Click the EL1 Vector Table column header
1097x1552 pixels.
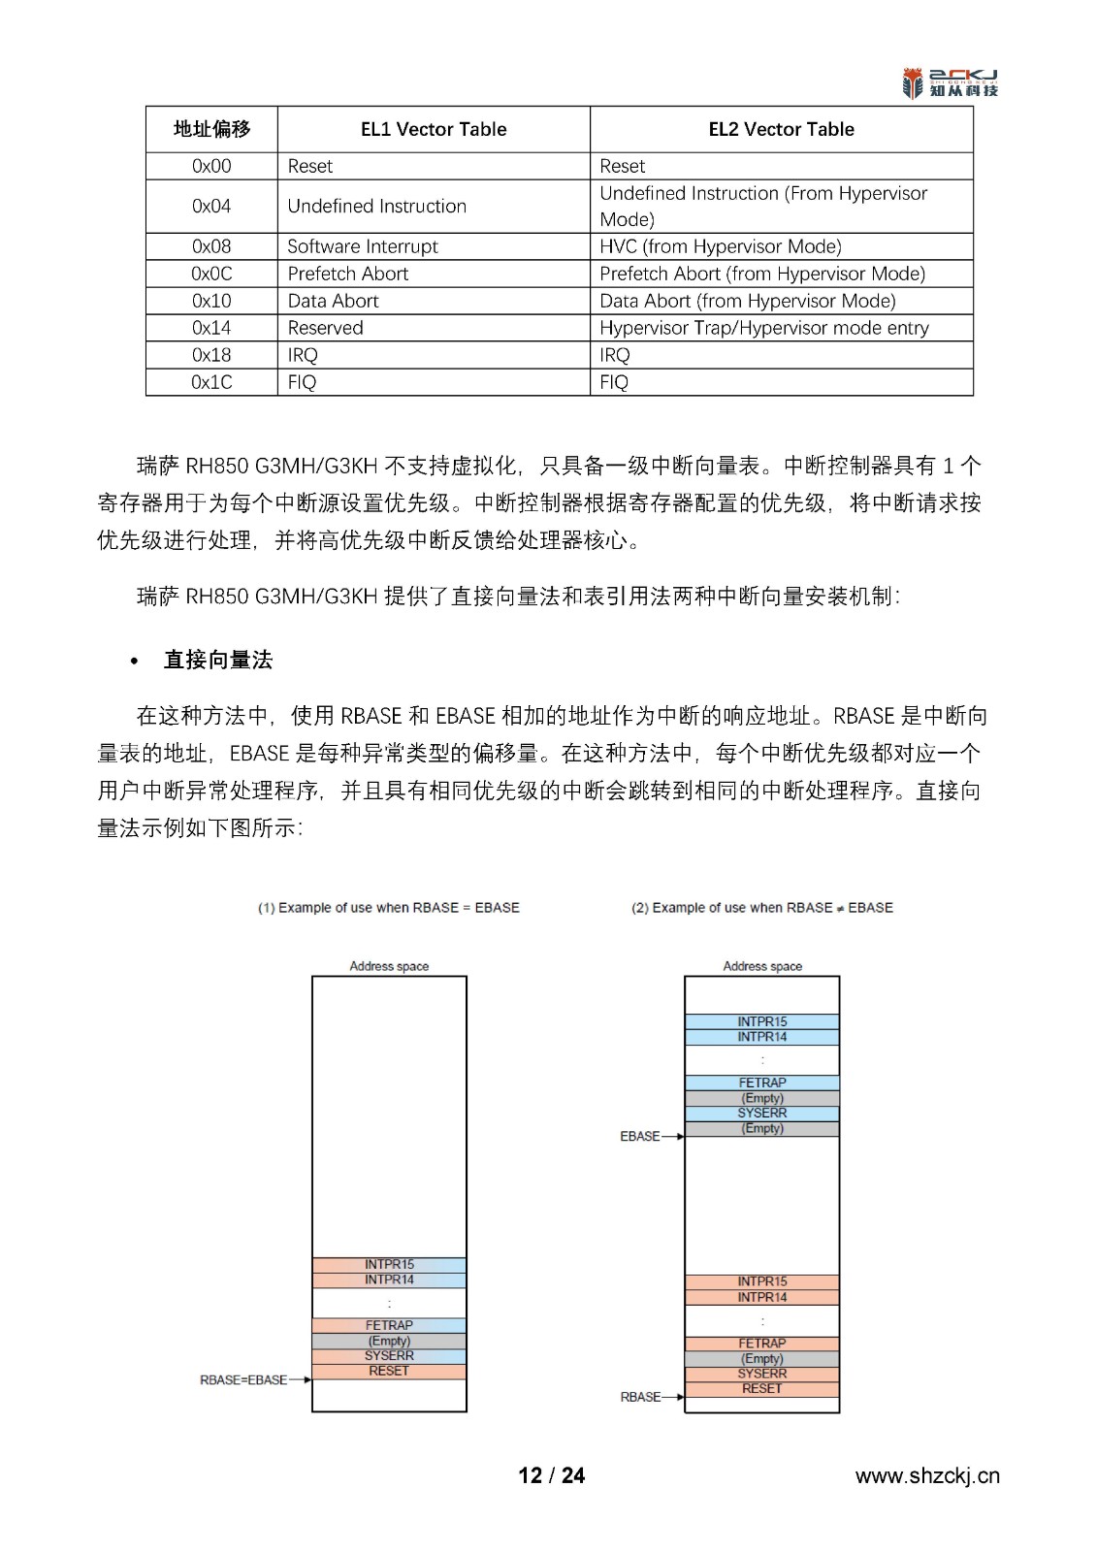click(x=434, y=129)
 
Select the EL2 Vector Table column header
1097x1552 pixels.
click(x=781, y=129)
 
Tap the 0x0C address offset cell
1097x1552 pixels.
click(x=211, y=274)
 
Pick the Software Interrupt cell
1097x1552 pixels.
click(x=363, y=246)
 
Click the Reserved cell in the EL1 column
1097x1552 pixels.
click(x=326, y=328)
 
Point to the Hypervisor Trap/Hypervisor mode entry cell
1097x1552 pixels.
click(x=764, y=328)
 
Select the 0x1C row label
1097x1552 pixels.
click(x=211, y=382)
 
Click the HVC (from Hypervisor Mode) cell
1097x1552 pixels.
click(x=721, y=246)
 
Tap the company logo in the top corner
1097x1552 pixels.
click(x=950, y=83)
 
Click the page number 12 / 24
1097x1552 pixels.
click(x=552, y=1475)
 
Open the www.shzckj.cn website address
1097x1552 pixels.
click(x=926, y=1476)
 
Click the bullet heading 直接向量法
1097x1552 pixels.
click(x=218, y=661)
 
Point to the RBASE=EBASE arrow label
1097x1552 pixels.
click(x=243, y=1379)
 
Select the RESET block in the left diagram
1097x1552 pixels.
click(x=389, y=1371)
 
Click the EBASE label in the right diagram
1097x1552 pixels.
click(x=640, y=1136)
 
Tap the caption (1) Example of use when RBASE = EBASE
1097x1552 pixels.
click(x=388, y=908)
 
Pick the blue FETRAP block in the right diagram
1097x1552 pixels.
click(x=762, y=1083)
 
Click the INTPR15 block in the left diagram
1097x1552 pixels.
click(x=389, y=1264)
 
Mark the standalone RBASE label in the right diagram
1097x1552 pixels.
click(x=640, y=1397)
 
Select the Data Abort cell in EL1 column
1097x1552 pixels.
click(x=334, y=301)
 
